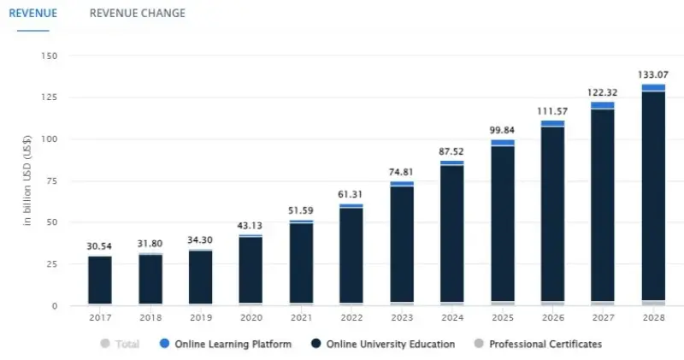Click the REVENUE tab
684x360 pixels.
point(32,13)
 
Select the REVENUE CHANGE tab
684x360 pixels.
point(137,13)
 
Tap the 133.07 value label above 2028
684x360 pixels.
point(653,74)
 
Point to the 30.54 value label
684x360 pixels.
point(100,245)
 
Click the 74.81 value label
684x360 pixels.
point(402,171)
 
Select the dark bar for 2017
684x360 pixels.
point(100,280)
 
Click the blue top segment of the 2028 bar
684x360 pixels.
point(653,87)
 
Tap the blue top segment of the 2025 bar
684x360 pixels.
point(503,143)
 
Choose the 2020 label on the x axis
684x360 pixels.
point(251,317)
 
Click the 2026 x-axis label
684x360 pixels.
point(553,317)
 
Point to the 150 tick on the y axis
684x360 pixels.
point(49,56)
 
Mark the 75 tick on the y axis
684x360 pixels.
point(51,180)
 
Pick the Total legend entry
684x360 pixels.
point(121,344)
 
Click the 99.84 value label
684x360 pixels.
point(503,129)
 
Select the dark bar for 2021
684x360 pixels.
point(302,262)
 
